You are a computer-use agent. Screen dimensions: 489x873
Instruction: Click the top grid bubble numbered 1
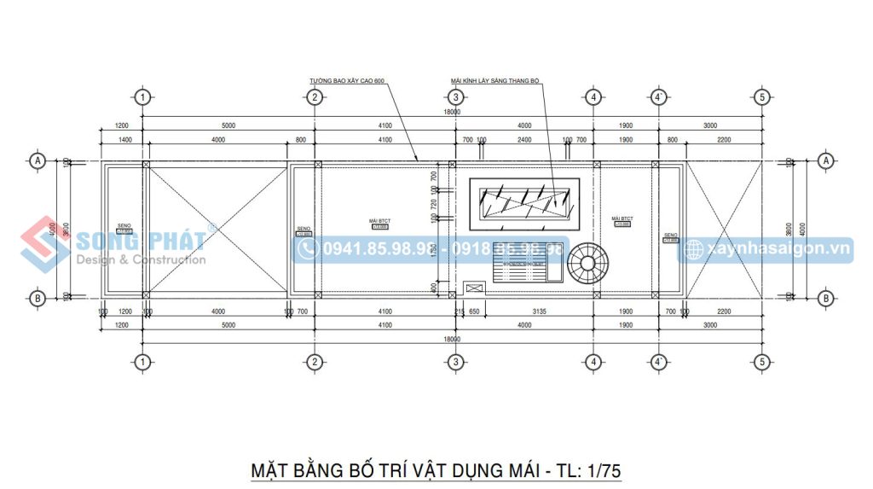point(142,96)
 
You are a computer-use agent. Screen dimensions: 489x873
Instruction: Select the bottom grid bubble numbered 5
point(762,362)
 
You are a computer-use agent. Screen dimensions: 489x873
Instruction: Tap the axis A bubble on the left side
point(37,160)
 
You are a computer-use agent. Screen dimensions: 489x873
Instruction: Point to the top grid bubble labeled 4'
point(658,96)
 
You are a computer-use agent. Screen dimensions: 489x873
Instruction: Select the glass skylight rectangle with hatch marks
point(525,203)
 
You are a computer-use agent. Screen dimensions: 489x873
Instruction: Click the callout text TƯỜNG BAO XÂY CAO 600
point(347,81)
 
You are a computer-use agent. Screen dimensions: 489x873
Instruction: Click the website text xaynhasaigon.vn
point(778,248)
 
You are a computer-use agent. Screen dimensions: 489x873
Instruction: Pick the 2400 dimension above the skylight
point(524,139)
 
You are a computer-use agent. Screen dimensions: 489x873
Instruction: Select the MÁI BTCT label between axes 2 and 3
point(379,221)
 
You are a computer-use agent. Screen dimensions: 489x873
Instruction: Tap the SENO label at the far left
point(124,226)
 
